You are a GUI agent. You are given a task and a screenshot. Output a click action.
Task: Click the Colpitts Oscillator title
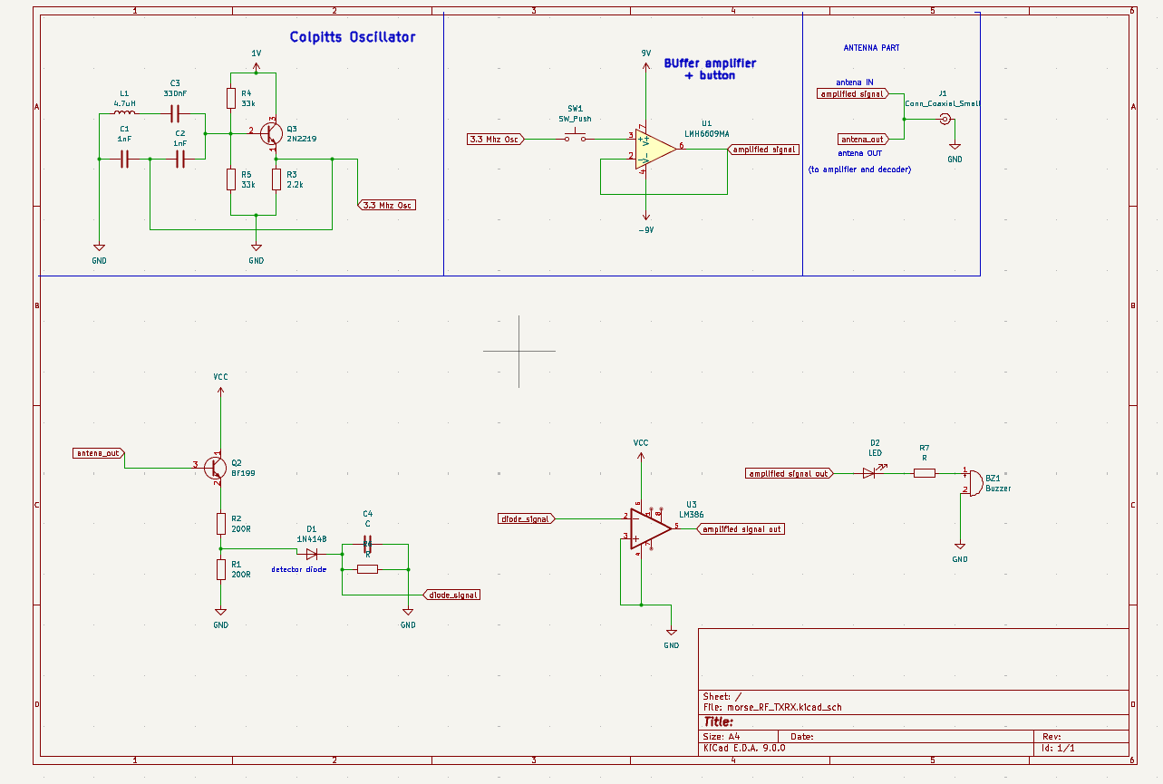(353, 37)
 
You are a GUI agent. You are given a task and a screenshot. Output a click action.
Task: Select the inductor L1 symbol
(125, 114)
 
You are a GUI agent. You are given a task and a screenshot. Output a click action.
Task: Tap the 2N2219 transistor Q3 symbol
(271, 133)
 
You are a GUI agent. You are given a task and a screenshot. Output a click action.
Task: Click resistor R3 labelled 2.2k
(276, 179)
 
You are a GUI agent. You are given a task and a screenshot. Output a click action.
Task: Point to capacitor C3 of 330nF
(176, 114)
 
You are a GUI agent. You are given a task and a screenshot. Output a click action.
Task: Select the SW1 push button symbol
(576, 138)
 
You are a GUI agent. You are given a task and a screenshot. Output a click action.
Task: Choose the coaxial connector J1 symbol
(945, 119)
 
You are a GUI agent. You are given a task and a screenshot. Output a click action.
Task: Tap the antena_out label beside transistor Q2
(99, 452)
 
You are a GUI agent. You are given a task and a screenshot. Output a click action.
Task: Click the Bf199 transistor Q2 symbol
(215, 467)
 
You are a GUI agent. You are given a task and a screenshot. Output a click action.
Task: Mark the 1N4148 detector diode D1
(311, 553)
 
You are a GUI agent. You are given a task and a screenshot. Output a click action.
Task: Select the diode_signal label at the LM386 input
(526, 518)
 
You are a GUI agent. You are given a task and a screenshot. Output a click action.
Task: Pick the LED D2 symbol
(870, 472)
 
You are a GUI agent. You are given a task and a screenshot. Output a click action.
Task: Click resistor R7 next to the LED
(924, 472)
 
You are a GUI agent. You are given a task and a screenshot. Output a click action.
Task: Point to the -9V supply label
(645, 230)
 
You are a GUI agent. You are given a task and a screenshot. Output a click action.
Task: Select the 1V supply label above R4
(256, 54)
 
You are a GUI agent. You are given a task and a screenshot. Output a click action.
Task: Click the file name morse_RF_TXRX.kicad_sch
(777, 707)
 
